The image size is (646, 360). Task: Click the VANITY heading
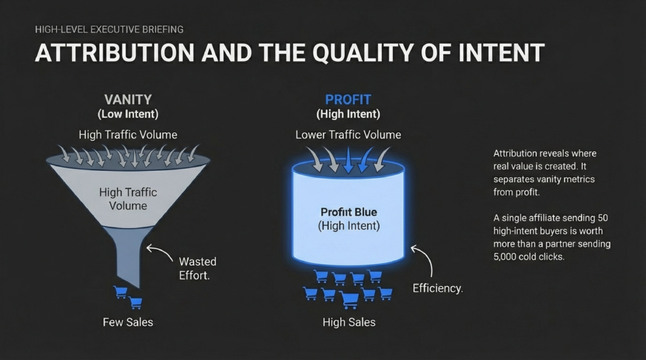[128, 100]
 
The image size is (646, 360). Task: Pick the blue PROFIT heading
[348, 100]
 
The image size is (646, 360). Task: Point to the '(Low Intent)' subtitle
[128, 114]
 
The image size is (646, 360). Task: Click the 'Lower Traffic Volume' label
[348, 134]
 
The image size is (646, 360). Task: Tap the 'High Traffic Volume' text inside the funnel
[128, 199]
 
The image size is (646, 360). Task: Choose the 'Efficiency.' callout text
[437, 288]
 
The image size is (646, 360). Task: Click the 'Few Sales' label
[128, 322]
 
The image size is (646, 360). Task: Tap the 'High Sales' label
[348, 322]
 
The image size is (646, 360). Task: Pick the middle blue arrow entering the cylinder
[348, 160]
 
